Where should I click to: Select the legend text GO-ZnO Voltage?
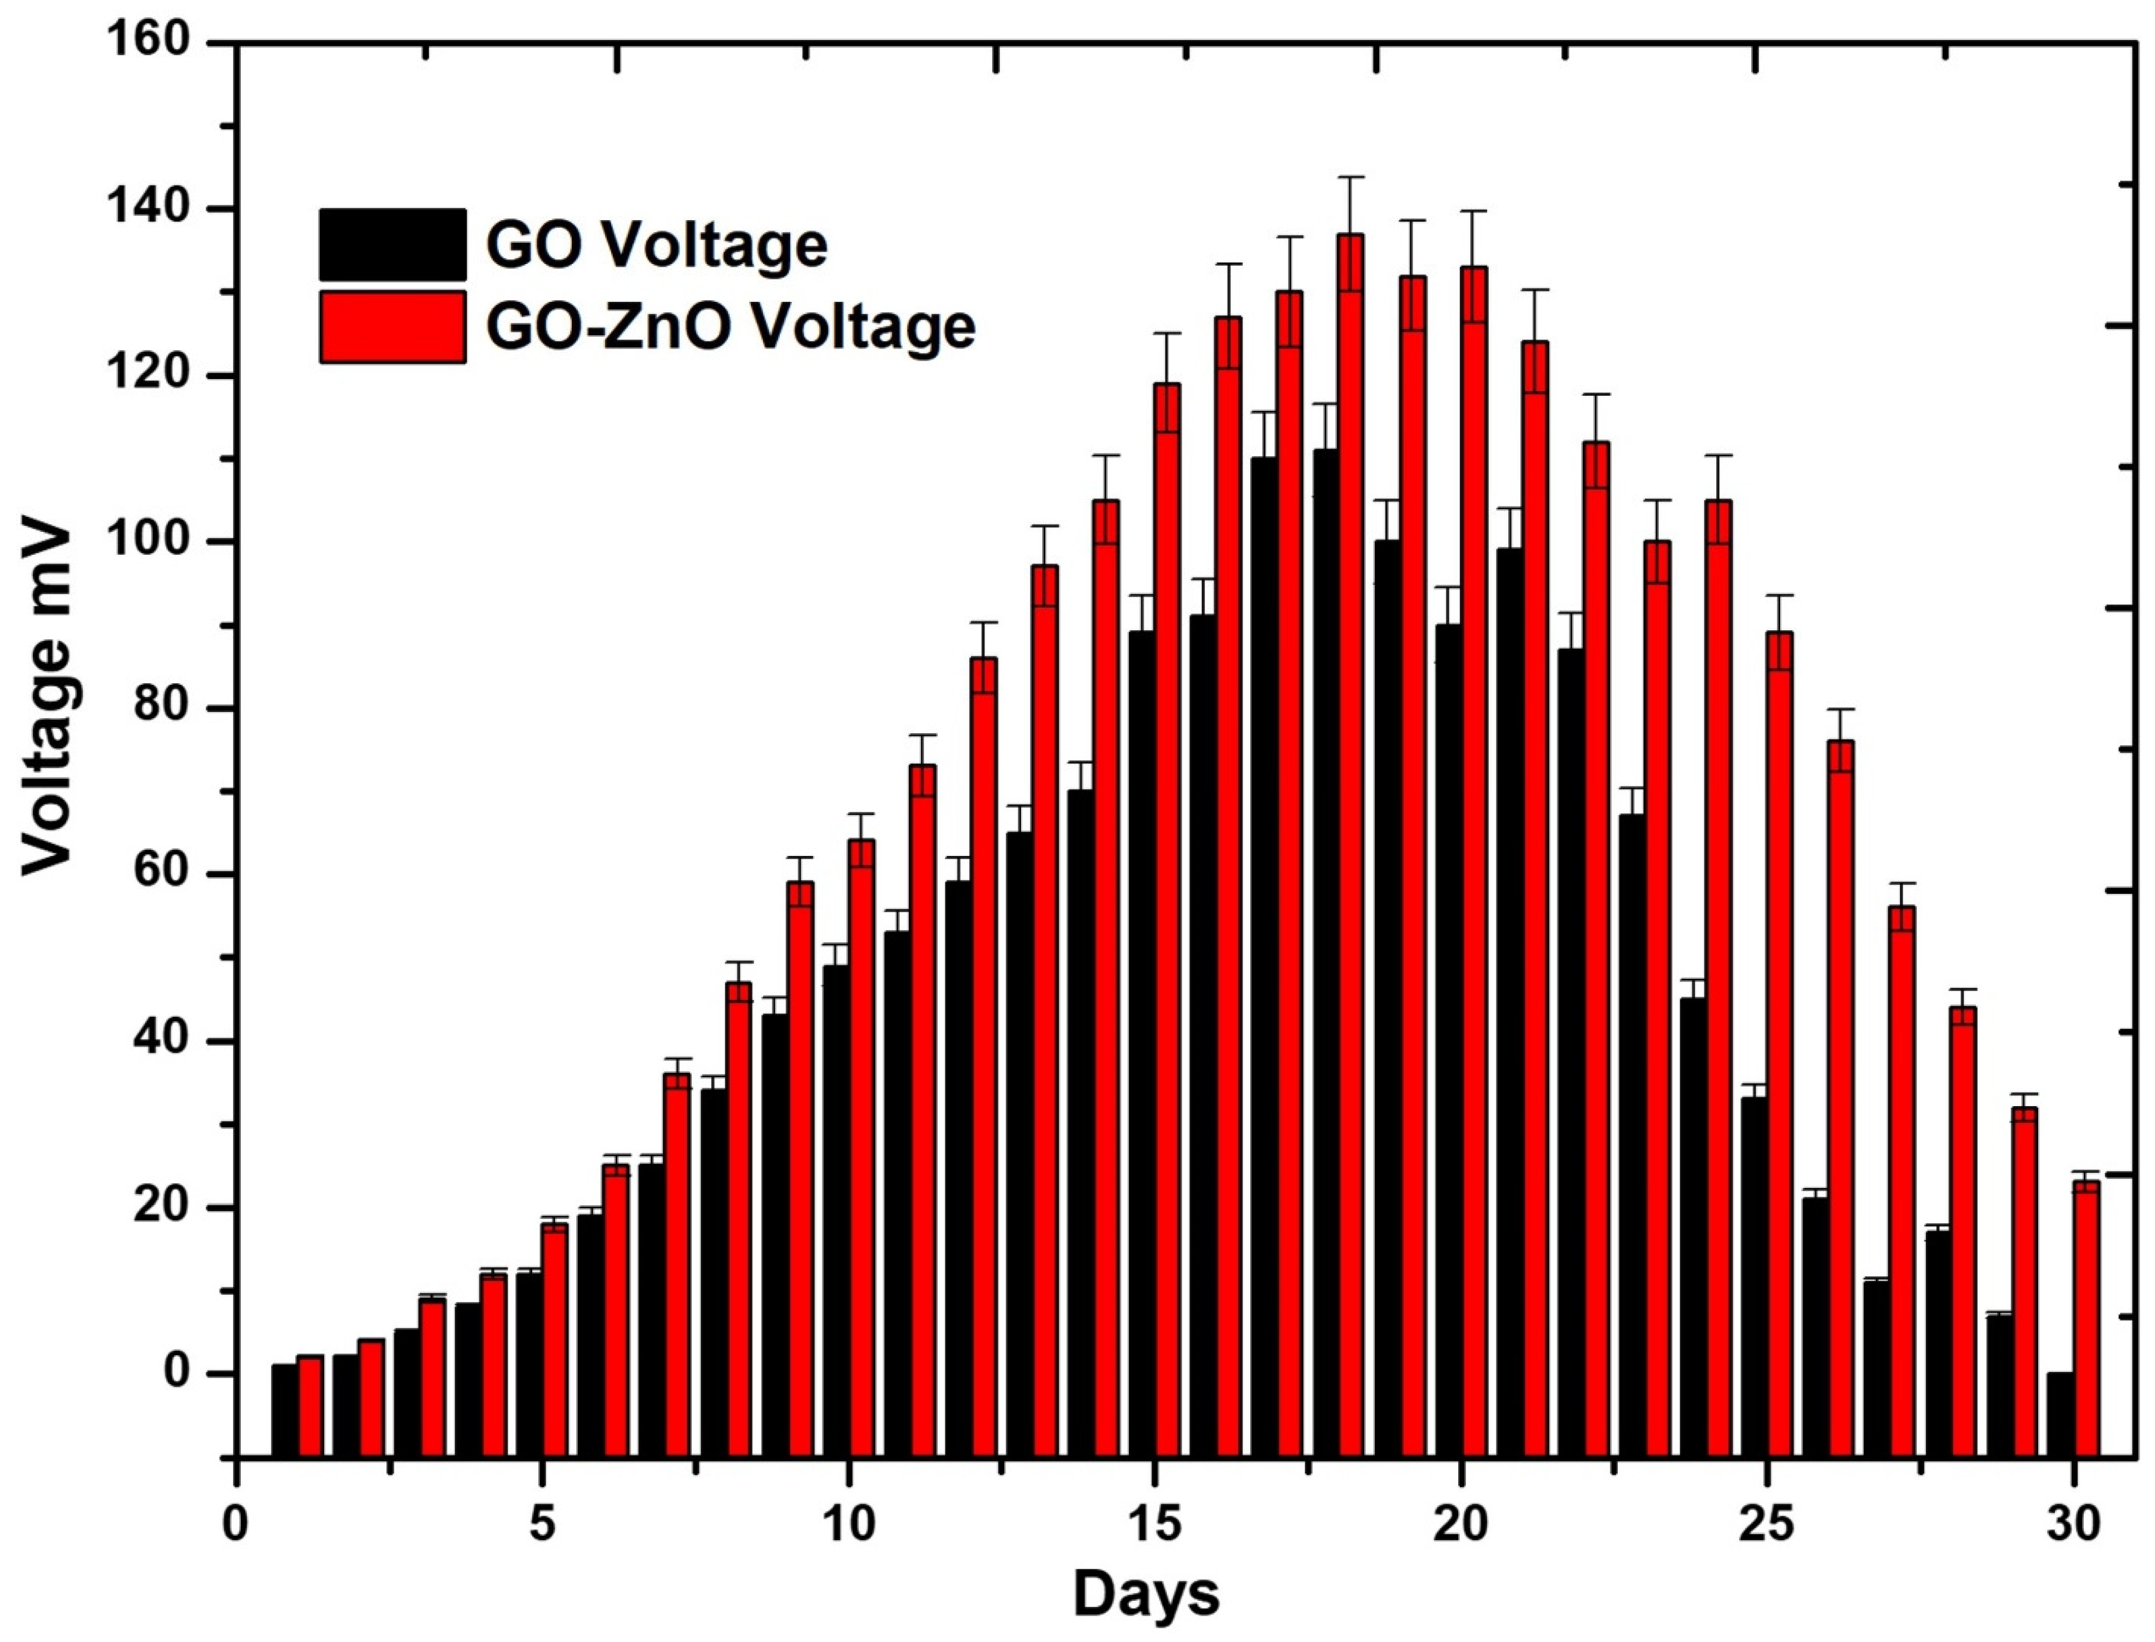[x=730, y=326]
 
